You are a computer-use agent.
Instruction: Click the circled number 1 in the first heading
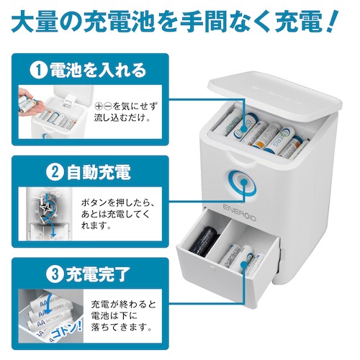(x=38, y=71)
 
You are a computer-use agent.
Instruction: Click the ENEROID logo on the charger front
(x=239, y=212)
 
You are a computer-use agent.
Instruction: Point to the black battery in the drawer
(x=204, y=241)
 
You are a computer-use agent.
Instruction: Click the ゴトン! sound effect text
(x=66, y=330)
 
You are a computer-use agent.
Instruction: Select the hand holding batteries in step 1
(x=27, y=101)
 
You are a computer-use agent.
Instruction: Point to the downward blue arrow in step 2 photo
(x=53, y=228)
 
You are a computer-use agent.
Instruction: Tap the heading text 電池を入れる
(x=97, y=71)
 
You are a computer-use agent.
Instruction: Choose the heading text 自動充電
(x=99, y=173)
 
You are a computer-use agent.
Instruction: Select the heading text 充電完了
(x=98, y=274)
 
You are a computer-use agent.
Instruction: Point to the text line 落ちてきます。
(x=122, y=327)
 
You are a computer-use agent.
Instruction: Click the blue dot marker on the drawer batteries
(x=244, y=265)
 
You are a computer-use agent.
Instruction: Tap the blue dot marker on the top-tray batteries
(x=244, y=128)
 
